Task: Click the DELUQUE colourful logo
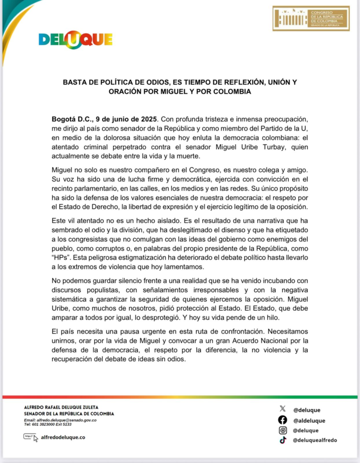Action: tap(76, 40)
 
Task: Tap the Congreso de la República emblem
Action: tap(311, 18)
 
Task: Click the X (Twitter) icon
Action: tap(283, 410)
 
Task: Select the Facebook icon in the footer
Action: tap(283, 420)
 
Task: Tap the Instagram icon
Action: tap(283, 430)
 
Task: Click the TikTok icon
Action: tap(283, 440)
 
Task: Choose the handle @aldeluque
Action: tap(309, 420)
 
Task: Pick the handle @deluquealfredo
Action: tap(315, 440)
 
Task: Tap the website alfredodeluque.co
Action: tap(63, 437)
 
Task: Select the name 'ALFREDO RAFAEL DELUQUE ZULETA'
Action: tap(61, 407)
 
